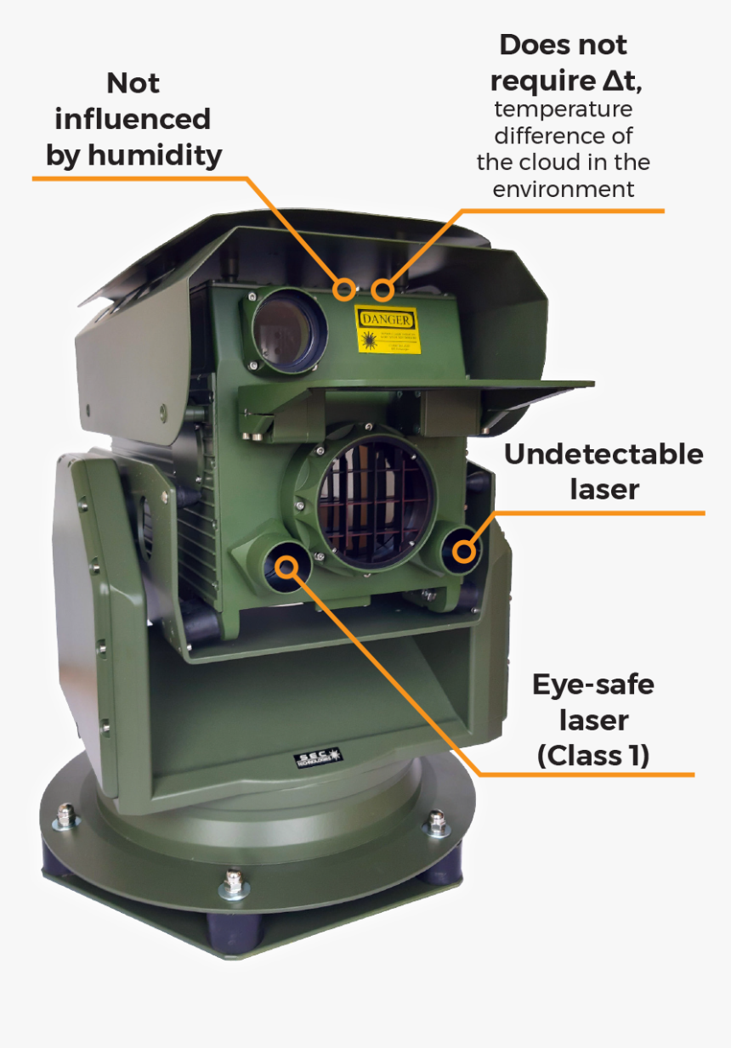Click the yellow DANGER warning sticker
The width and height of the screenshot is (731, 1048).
point(387,330)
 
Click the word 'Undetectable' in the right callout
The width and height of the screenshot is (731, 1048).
point(603,454)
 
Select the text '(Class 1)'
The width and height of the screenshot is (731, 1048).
point(593,755)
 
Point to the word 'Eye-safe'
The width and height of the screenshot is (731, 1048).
point(593,684)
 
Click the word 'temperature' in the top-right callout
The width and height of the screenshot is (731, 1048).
point(564,110)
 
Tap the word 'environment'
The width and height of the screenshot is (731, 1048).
point(564,189)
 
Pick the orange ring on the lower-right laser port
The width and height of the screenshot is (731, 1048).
point(463,551)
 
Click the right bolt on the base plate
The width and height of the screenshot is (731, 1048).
point(437,821)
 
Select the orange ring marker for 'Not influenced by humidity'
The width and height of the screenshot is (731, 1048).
point(344,289)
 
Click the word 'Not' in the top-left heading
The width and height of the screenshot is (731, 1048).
point(133,83)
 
